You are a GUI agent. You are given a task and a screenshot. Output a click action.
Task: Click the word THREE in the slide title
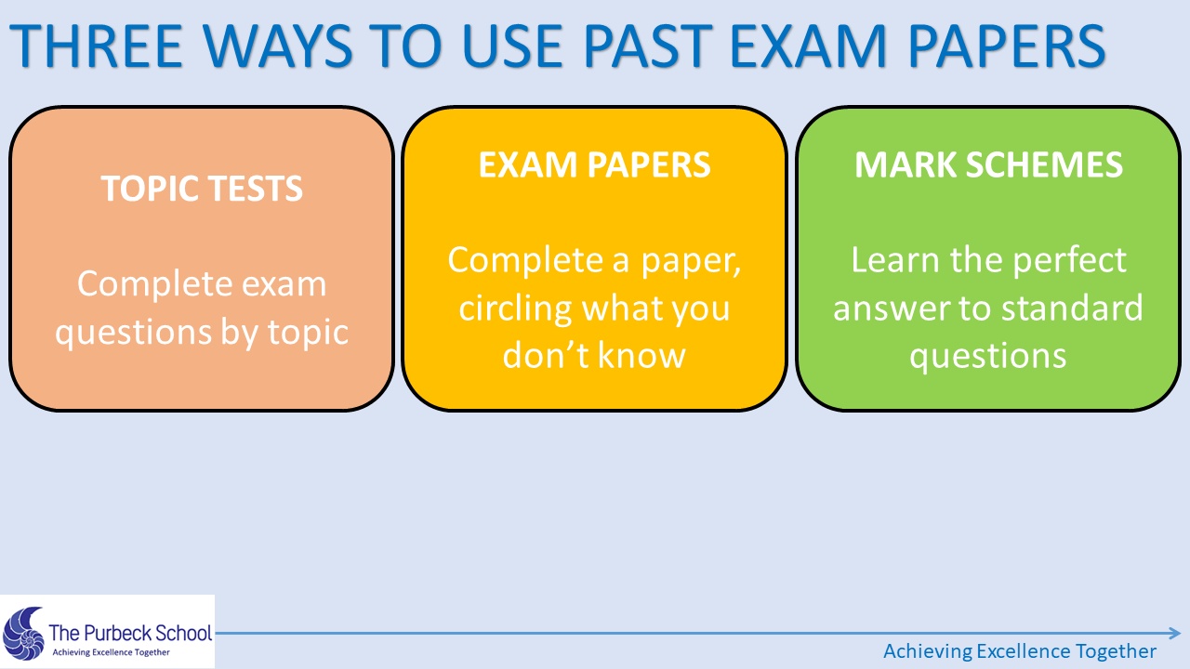[97, 46]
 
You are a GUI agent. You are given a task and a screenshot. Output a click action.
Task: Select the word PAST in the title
[648, 46]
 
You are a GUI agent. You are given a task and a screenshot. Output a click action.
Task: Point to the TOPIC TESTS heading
[202, 189]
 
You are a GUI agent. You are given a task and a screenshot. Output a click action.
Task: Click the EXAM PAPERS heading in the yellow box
[594, 164]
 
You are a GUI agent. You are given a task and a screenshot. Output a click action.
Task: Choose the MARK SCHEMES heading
[988, 164]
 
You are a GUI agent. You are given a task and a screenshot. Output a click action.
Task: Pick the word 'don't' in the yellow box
[546, 355]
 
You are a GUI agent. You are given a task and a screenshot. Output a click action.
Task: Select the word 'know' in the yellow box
[642, 355]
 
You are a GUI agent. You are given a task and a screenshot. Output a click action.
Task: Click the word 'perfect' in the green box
[1069, 261]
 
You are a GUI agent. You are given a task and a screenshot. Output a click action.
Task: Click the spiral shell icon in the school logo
[23, 634]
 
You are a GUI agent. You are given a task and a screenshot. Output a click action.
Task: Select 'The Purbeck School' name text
[131, 633]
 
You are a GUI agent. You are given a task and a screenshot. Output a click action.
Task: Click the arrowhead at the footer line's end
[1175, 633]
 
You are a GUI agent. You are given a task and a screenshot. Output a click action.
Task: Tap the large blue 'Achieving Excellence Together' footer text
[1020, 651]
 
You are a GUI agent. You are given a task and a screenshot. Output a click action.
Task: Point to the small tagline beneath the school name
[111, 652]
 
